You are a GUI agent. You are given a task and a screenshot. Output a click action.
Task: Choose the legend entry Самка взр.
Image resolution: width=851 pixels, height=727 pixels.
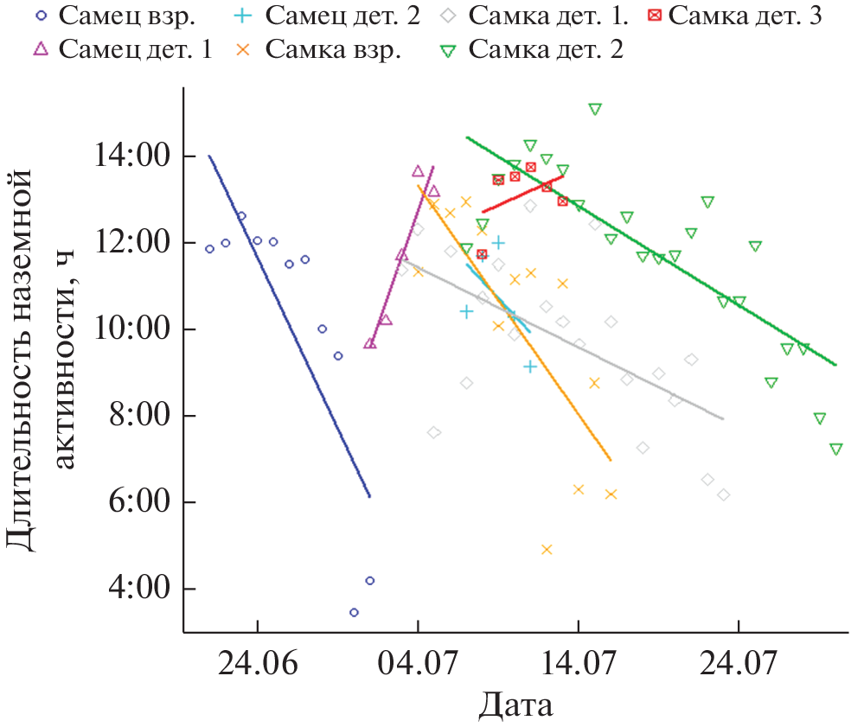tap(332, 49)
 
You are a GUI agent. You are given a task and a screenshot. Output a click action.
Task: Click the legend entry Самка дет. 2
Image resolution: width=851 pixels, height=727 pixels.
tap(545, 49)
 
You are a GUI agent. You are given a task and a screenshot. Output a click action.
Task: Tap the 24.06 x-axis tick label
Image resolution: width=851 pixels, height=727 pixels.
tap(257, 666)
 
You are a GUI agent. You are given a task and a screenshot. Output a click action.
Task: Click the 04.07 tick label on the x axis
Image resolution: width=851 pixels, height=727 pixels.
tap(418, 666)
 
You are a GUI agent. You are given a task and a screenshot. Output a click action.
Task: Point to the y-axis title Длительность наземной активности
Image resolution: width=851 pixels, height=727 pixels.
tap(42, 359)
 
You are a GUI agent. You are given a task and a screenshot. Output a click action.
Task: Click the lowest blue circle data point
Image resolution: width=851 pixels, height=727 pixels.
tap(354, 612)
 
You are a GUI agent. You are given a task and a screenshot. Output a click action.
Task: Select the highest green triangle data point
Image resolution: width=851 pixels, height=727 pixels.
tap(595, 109)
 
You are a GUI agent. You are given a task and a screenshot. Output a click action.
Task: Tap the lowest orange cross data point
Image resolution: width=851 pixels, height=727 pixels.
tap(547, 549)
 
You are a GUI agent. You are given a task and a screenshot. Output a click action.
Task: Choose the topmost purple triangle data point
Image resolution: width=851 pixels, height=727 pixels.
tap(419, 171)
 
